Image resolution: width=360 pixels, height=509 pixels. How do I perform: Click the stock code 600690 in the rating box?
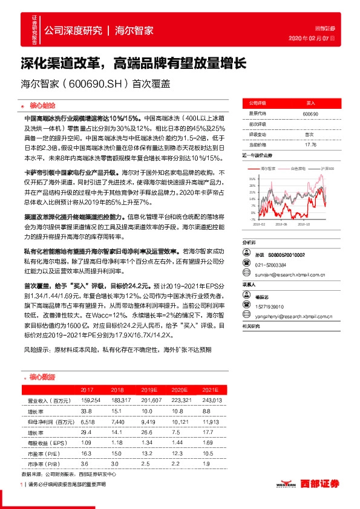(310, 114)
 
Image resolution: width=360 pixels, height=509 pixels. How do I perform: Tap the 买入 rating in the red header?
(310, 103)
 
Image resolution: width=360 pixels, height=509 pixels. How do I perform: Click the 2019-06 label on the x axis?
(281, 224)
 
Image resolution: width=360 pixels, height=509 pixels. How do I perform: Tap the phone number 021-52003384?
(270, 264)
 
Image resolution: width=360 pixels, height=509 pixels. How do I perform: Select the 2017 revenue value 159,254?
(90, 401)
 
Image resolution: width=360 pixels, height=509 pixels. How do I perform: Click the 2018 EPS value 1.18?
(118, 443)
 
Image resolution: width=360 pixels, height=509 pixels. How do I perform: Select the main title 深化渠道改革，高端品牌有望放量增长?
(133, 62)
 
